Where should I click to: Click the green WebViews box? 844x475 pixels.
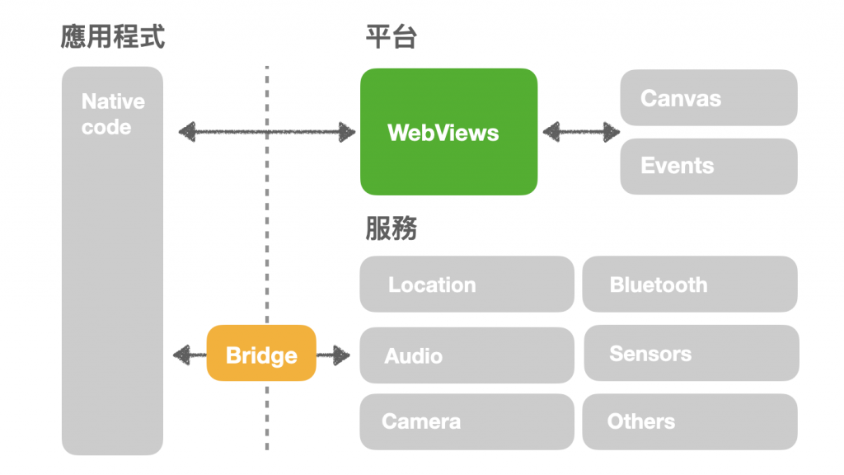(448, 132)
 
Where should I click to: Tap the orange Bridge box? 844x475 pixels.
(260, 353)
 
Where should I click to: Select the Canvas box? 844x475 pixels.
(708, 97)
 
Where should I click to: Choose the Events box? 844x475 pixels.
(708, 166)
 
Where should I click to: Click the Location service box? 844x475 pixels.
(467, 285)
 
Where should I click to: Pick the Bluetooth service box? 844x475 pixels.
(689, 285)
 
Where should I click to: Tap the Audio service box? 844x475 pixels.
(467, 355)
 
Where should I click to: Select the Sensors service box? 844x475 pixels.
(691, 353)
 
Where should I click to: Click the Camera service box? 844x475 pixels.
(467, 421)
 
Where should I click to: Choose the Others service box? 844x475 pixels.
(689, 421)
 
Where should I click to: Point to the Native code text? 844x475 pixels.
(112, 114)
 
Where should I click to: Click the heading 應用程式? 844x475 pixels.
(112, 37)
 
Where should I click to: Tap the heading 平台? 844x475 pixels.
(391, 37)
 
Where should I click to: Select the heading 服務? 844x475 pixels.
(391, 228)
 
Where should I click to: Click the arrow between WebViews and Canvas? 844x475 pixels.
(581, 131)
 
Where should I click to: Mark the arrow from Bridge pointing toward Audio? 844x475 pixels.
(334, 355)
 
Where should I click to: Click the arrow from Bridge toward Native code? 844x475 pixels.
(190, 355)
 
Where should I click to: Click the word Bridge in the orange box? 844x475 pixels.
(260, 355)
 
